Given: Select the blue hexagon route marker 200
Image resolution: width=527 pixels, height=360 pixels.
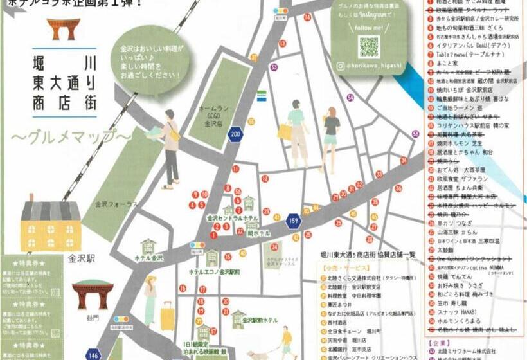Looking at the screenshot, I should coord(236,134).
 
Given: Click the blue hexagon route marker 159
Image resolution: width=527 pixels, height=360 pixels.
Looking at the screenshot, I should coord(294,221).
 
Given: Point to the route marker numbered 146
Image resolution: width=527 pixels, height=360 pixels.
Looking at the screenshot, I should coord(94,353).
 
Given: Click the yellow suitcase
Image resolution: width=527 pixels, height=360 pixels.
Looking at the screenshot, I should coord(167,318).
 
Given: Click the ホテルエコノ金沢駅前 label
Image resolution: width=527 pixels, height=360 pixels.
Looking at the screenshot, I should coord(215,273).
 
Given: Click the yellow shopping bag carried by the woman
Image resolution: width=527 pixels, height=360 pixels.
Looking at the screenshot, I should coord(283,132).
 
